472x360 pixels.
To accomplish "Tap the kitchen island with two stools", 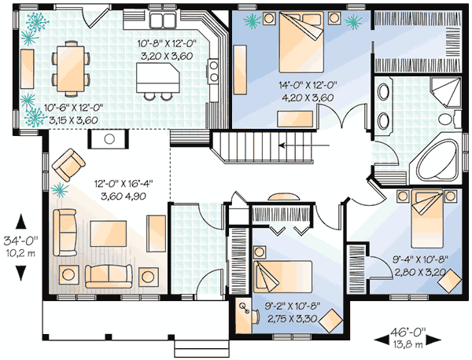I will (x=156, y=78).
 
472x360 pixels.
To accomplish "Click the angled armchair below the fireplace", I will (x=72, y=163).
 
